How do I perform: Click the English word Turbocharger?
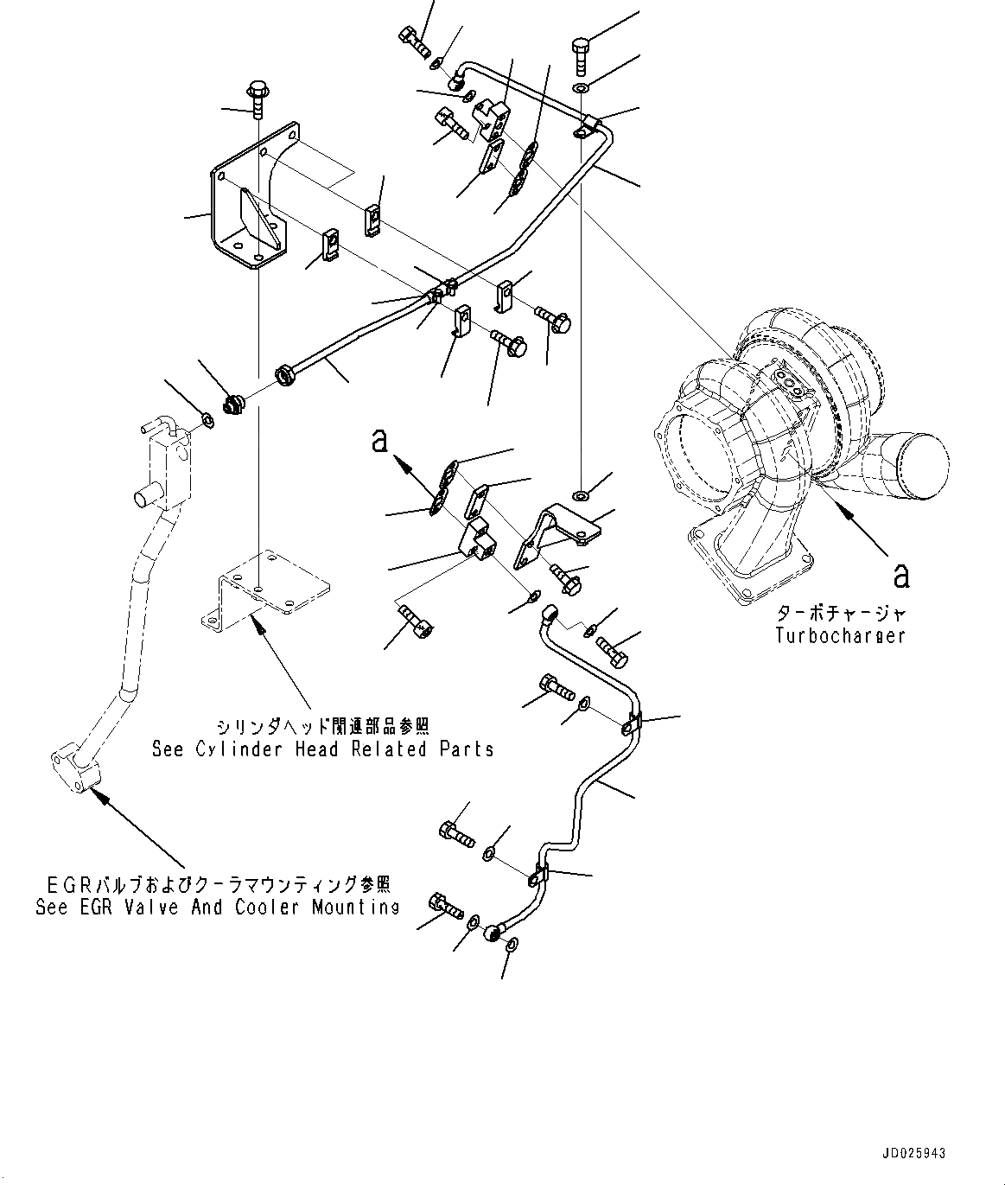tap(840, 635)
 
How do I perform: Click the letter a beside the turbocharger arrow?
tap(901, 574)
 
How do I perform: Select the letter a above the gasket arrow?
tap(378, 441)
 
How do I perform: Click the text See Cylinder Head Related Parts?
tap(322, 749)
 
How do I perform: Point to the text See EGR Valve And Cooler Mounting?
tap(217, 908)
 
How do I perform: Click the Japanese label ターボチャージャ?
tap(841, 614)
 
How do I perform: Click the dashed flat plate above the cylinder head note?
tap(264, 588)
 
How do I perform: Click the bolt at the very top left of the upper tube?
tap(413, 39)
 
